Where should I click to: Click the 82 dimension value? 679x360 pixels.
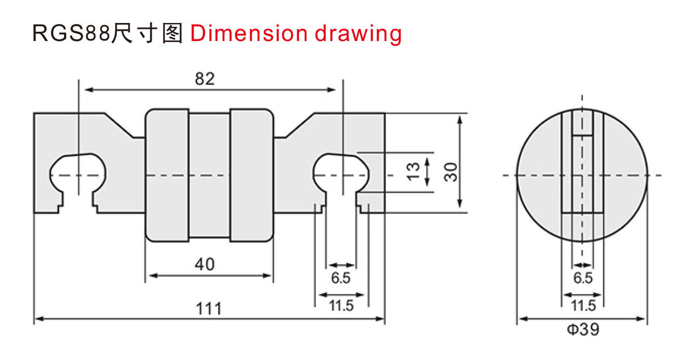coord(205,79)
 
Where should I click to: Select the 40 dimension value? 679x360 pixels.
coord(205,264)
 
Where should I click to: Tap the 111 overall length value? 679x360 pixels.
coord(209,309)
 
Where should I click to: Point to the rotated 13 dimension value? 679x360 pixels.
coord(413,172)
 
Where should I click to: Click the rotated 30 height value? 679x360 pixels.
coord(450,172)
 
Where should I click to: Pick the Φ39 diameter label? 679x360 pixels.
coord(583,329)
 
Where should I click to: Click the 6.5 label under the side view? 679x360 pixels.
coord(341,278)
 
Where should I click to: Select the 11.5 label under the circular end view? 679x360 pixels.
coord(583,305)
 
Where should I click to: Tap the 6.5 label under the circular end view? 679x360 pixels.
coord(583,278)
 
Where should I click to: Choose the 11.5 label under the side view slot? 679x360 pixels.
coord(341,305)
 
